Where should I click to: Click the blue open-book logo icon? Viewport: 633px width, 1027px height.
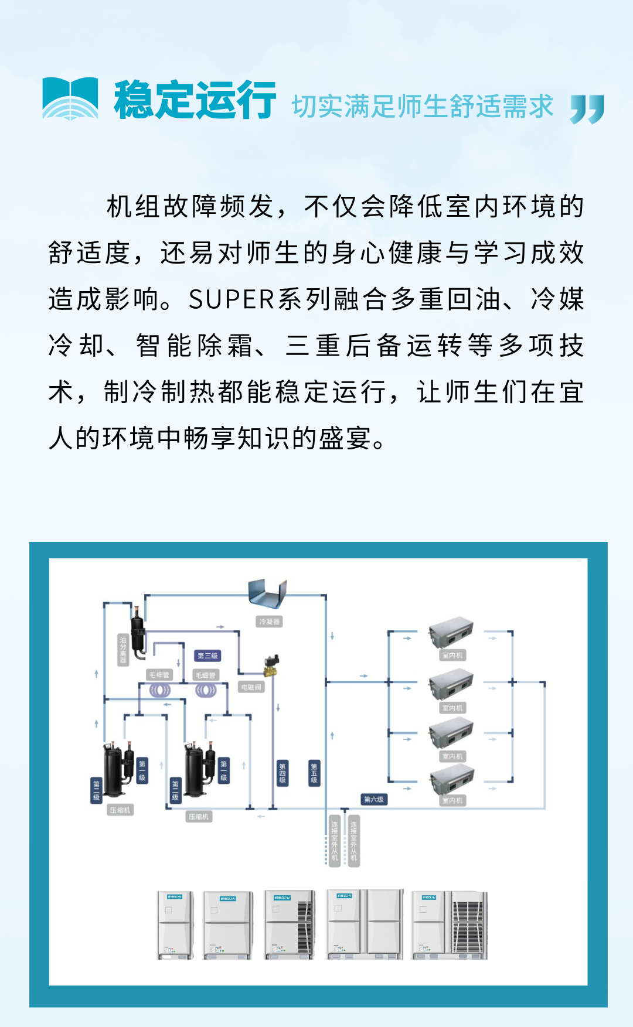coord(70,98)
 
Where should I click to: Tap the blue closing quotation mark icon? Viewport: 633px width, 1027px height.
coord(587,108)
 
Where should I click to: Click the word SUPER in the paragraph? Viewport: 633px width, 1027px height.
coord(232,299)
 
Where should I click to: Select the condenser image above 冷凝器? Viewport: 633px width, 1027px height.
coord(268,593)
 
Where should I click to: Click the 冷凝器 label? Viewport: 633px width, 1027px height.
coord(269,622)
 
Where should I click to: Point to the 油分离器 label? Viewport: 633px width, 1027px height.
coord(123,650)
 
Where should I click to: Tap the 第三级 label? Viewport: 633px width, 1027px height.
coord(207,656)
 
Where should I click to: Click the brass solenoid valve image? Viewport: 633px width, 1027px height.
coord(271,665)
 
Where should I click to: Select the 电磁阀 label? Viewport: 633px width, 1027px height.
coord(251,687)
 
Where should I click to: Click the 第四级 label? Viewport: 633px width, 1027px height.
coord(283,773)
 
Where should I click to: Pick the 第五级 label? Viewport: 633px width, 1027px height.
coord(314,773)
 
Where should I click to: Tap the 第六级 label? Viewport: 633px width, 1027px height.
coord(374,799)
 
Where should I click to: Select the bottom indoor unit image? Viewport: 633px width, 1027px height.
coord(451,779)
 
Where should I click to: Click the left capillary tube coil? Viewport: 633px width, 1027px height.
coord(160,690)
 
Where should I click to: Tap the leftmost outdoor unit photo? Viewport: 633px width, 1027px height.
coord(175,925)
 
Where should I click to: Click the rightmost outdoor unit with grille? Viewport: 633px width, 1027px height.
coord(450,925)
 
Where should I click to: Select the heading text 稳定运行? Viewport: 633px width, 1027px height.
coord(195,101)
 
